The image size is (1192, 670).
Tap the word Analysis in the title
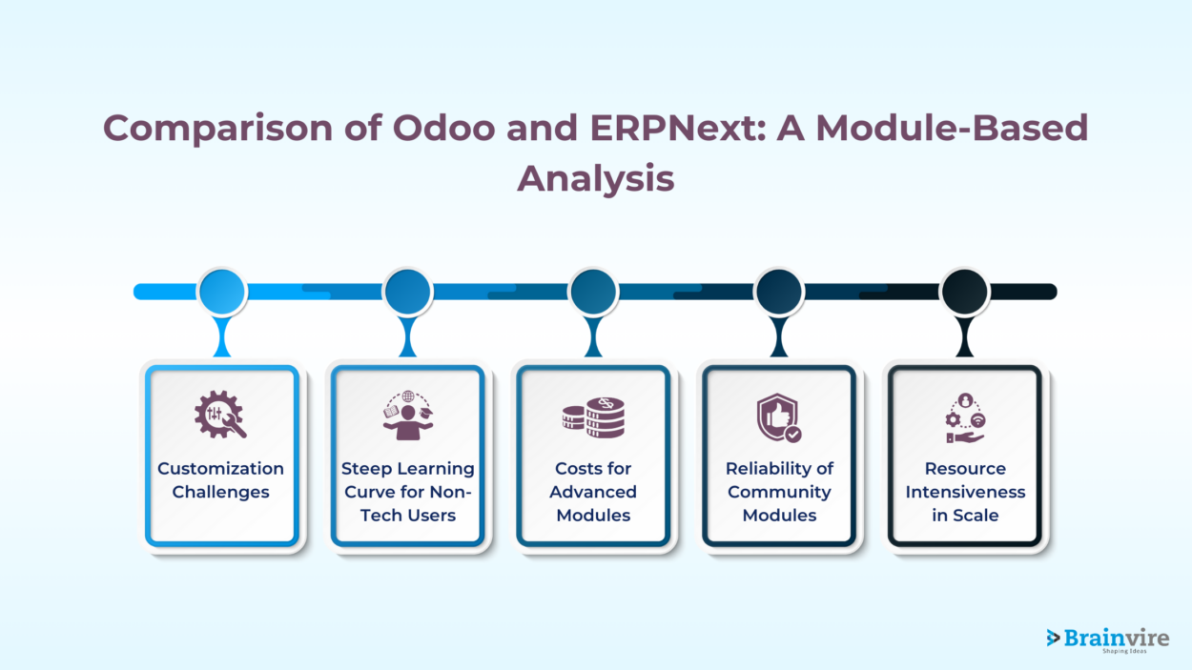pos(595,178)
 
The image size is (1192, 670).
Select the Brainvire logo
pos(1106,640)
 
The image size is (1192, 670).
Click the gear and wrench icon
pos(220,416)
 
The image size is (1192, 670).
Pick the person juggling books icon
pos(407,416)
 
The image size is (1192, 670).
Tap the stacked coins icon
pos(592,417)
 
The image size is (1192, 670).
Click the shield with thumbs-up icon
pos(779,417)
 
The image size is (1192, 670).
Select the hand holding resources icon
pos(965,417)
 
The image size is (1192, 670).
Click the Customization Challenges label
pos(220,480)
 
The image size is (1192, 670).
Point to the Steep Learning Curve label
pos(407,492)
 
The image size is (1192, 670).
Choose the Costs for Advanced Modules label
pos(593,492)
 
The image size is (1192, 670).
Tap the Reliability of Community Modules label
pos(779,492)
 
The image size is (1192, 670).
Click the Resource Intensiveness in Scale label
pos(965,492)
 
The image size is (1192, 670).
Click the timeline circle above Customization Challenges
pos(222,292)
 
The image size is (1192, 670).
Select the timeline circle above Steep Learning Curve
pos(408,292)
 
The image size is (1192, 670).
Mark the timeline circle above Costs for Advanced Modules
pos(593,292)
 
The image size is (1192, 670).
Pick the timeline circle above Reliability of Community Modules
pos(779,292)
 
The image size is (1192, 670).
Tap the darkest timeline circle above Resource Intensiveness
pos(965,292)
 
